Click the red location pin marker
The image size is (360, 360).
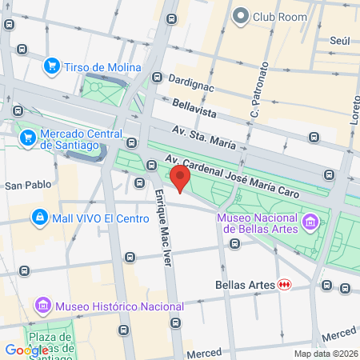[x=180, y=178]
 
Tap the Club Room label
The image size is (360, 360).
[x=282, y=15]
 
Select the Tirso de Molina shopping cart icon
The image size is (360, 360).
[x=53, y=66]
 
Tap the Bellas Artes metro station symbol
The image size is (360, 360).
[x=284, y=284]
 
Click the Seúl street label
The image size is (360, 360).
[x=340, y=40]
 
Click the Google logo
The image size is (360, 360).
[x=26, y=350]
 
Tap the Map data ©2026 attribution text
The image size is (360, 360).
[x=323, y=354]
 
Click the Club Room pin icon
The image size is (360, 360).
[x=241, y=15]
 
